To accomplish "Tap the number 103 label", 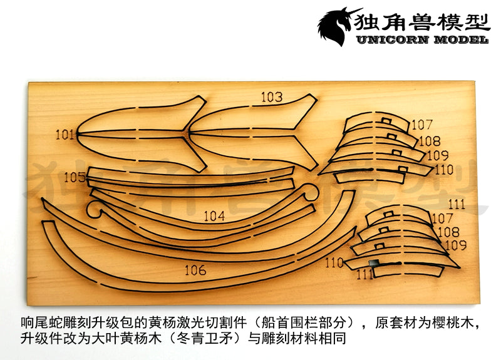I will point(272,97).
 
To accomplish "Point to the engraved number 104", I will point(214,216).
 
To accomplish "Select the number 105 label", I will point(75,177).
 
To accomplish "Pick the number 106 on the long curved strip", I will point(195,270).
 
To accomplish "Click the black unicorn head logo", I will point(338,27).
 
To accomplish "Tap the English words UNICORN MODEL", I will point(421,40).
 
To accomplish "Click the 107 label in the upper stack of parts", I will point(422,125).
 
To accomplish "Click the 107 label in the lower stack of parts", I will point(442,219).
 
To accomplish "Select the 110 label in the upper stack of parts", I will point(443,169).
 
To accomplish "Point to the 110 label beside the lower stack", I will point(334,263).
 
